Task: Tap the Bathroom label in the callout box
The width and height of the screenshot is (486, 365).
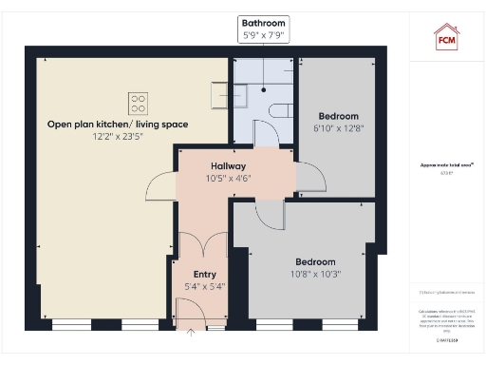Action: click(x=263, y=22)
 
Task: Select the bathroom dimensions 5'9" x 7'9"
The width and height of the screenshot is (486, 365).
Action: click(x=263, y=35)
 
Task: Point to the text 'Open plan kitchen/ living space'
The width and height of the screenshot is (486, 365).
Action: click(x=119, y=125)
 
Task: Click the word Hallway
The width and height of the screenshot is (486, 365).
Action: click(x=228, y=165)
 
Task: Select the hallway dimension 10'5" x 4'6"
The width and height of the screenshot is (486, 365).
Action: click(x=228, y=178)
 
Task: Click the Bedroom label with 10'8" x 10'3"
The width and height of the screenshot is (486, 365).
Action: click(x=314, y=261)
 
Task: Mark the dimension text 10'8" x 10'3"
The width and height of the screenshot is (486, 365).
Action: click(x=314, y=274)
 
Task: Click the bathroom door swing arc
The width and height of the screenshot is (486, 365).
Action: click(x=268, y=135)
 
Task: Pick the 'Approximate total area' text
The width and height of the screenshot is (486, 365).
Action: click(x=446, y=164)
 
